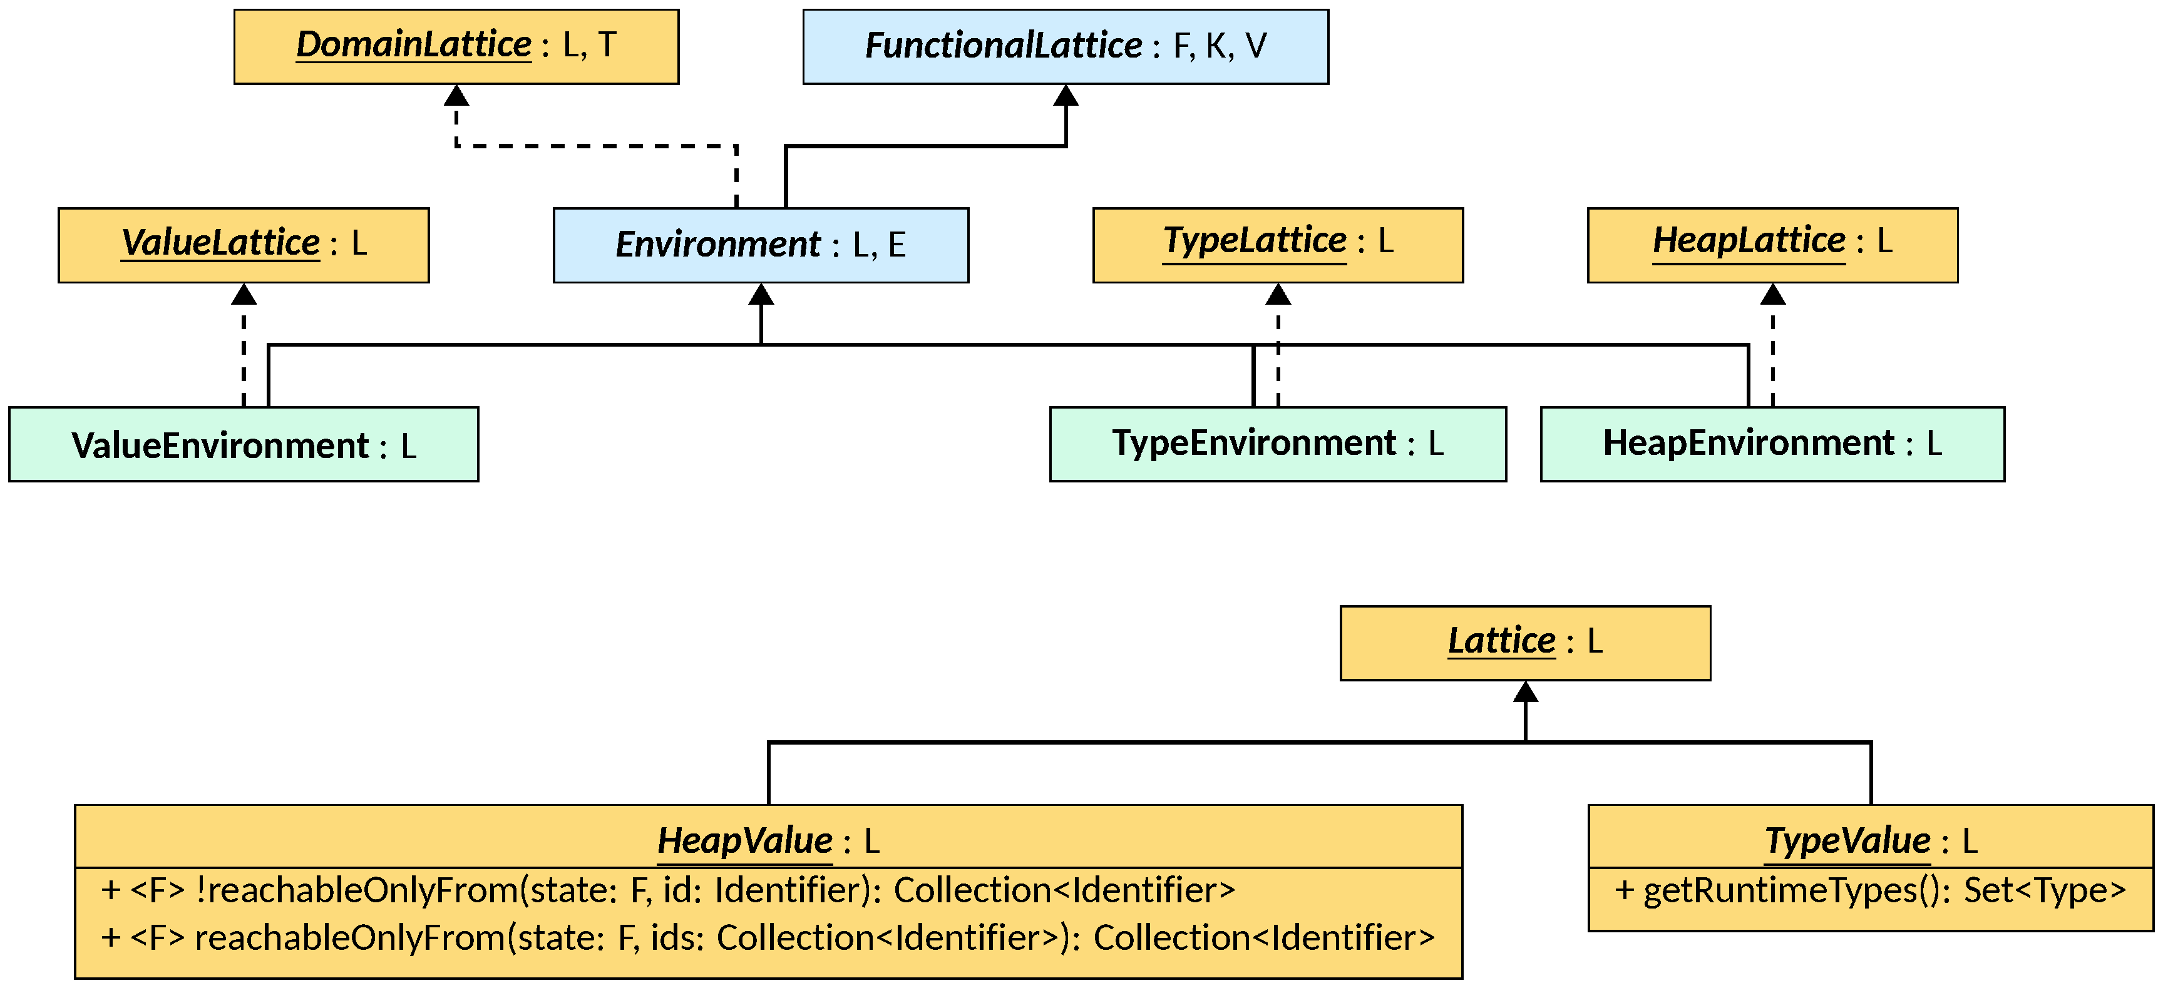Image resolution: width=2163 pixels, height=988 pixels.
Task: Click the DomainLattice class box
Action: [x=456, y=46]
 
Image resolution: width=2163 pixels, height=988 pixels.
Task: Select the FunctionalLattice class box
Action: [x=1065, y=46]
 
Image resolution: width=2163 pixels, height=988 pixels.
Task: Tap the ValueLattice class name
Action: [x=220, y=243]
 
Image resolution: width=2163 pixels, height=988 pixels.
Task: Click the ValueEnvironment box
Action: [x=244, y=444]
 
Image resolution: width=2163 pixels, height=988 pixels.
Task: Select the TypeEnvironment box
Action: [x=1277, y=443]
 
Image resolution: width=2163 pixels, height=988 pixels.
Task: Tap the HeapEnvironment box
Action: [x=1772, y=443]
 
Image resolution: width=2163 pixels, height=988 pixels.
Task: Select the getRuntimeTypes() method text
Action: [x=1870, y=890]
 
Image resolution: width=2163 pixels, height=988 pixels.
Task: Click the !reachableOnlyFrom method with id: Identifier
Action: [x=667, y=890]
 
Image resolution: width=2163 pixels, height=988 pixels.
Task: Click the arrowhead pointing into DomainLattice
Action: [x=456, y=95]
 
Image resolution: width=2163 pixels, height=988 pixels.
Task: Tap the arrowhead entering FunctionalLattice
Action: [x=1065, y=95]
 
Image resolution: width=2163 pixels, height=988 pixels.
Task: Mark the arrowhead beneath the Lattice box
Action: [x=1525, y=691]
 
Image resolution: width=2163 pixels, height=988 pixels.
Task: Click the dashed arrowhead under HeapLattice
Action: [x=1772, y=294]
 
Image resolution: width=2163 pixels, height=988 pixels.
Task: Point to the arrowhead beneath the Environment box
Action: [x=761, y=294]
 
